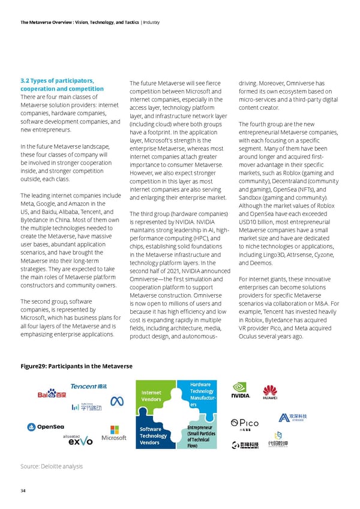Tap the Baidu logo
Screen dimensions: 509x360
click(52, 394)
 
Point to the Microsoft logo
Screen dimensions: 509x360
click(114, 433)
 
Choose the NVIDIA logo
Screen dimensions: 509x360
click(240, 391)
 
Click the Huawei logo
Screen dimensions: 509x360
click(270, 391)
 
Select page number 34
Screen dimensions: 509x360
click(23, 490)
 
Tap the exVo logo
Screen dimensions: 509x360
click(80, 441)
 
